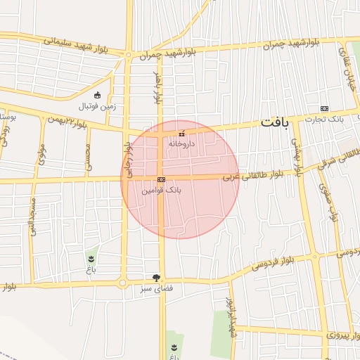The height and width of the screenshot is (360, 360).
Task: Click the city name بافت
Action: pos(274,122)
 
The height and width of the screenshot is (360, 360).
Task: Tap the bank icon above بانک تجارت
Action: pos(324,108)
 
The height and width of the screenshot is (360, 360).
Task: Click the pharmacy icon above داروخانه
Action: pos(181,134)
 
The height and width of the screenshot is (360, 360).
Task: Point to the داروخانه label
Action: pos(181,143)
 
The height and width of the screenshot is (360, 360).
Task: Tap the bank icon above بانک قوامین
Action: pos(162,180)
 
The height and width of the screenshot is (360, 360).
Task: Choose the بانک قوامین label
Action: pos(162,190)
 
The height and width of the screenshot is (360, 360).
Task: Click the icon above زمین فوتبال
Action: pos(97,96)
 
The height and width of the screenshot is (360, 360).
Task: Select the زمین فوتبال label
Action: pos(98,106)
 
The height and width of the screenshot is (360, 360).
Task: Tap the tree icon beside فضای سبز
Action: pos(155,278)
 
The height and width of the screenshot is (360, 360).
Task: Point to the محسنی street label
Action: pos(88,157)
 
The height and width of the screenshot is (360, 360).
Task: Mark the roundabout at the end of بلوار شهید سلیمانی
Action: pos(128,54)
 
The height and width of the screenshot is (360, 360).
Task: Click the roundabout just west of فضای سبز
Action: pos(124,283)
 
